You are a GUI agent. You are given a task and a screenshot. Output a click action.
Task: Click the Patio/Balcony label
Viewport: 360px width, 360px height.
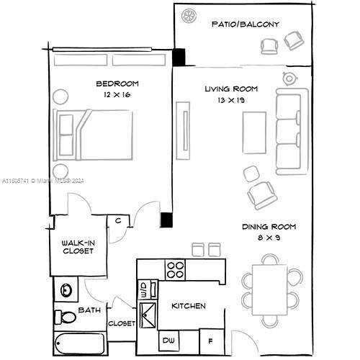click(x=245, y=24)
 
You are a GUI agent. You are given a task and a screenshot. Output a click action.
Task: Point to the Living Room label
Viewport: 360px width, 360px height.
click(x=231, y=89)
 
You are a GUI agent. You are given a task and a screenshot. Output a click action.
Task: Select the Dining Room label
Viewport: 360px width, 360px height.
click(x=269, y=227)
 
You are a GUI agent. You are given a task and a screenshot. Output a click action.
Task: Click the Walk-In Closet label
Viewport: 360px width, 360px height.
click(x=76, y=246)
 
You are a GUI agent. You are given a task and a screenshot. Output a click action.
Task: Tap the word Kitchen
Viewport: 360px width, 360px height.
click(x=188, y=306)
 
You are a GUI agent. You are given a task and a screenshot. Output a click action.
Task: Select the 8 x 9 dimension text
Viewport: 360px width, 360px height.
click(x=268, y=238)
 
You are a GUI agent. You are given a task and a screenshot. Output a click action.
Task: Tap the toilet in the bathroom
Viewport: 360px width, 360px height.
click(x=66, y=316)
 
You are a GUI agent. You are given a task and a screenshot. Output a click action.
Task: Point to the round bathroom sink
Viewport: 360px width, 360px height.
click(x=66, y=290)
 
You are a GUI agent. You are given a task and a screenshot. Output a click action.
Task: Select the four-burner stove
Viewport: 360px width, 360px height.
click(x=175, y=269)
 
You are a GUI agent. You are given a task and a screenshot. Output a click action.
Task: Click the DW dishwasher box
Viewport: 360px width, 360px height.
click(x=168, y=340)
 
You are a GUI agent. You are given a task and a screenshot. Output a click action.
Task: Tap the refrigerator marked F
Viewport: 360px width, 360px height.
click(x=210, y=340)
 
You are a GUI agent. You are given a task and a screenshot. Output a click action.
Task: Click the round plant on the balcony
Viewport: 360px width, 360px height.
click(x=191, y=15)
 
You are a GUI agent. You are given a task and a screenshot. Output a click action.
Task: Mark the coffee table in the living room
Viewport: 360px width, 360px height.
click(x=253, y=135)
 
